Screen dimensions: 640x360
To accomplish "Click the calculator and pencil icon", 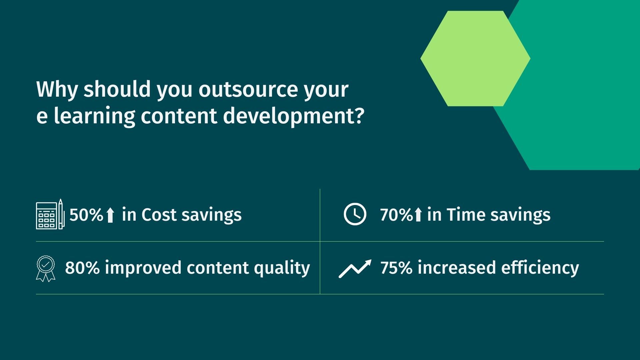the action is click(x=50, y=214).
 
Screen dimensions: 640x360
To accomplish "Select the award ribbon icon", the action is click(x=46, y=269).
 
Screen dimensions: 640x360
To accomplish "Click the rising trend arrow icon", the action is click(x=355, y=269).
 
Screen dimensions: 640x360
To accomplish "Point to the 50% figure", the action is click(x=86, y=215).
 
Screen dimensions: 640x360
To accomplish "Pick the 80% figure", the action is click(x=82, y=268).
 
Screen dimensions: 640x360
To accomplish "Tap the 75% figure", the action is click(x=396, y=268).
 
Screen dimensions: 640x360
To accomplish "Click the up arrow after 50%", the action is click(x=110, y=215).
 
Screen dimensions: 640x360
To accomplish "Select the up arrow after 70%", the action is click(x=418, y=215).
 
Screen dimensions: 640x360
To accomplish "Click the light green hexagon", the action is click(x=475, y=59).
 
